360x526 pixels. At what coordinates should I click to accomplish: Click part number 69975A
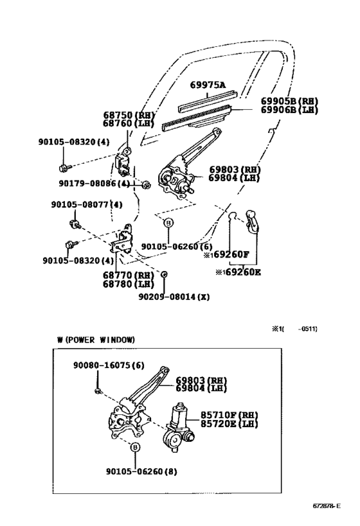point(208,85)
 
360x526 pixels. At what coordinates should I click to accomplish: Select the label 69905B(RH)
point(289,101)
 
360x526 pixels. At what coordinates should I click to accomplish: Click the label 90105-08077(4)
point(86,205)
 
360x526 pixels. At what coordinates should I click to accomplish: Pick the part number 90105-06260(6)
point(176,247)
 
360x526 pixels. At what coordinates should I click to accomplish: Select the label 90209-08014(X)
point(174,297)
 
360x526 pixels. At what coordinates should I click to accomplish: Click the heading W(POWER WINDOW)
point(95,339)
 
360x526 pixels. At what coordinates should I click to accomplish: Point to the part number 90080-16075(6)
point(108,365)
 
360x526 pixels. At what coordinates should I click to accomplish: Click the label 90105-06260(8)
point(141,471)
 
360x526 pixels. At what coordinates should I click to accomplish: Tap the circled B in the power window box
point(135,448)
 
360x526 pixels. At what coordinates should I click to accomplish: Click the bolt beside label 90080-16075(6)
point(96,391)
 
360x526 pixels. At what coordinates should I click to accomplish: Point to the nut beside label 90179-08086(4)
point(145,186)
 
